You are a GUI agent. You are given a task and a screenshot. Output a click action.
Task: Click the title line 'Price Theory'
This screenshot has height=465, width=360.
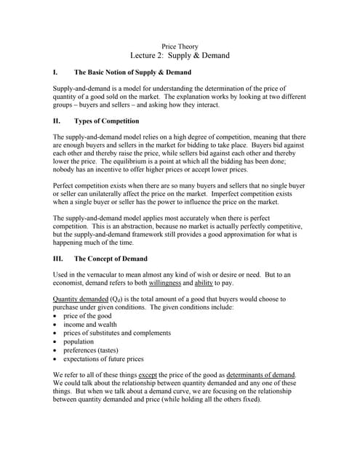coord(180,46)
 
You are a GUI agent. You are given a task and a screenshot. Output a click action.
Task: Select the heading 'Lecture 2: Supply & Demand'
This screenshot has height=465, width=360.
coord(180,56)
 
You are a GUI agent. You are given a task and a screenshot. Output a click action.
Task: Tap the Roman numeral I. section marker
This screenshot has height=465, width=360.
coord(55,73)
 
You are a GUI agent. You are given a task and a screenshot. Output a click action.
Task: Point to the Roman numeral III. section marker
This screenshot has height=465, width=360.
coord(58,259)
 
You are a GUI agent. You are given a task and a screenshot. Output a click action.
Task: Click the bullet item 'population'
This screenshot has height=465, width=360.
coord(79,341)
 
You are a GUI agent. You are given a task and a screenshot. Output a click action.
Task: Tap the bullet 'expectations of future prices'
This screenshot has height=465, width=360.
coord(103,359)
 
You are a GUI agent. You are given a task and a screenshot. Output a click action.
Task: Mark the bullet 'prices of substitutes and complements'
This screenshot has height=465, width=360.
coord(117,333)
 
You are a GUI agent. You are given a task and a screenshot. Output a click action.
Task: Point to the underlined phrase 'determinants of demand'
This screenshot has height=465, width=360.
coord(260,375)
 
